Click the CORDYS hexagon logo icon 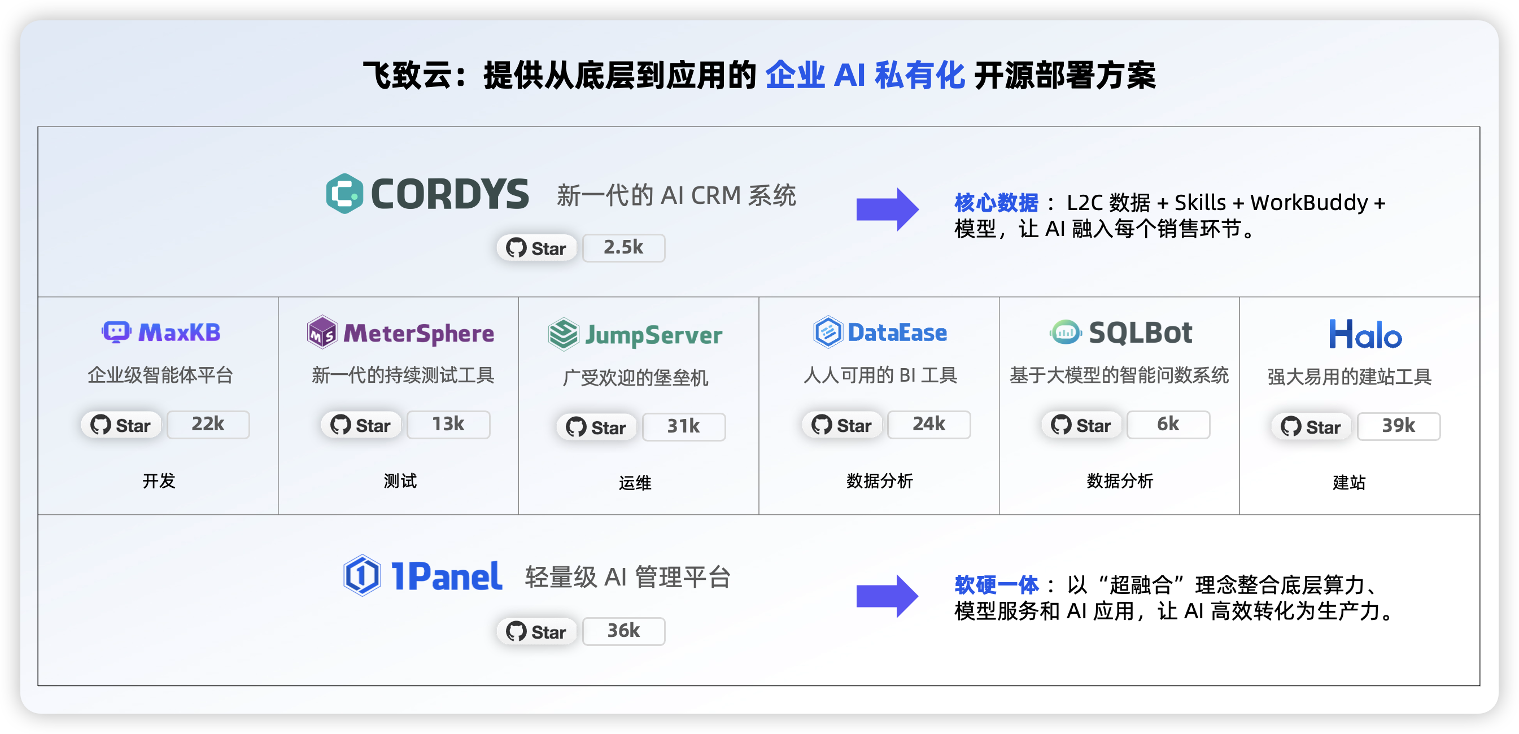coord(344,193)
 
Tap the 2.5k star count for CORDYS coord(624,248)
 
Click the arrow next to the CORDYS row coord(888,209)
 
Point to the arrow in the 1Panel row coord(888,596)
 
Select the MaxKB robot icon coord(116,332)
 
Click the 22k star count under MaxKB coord(208,425)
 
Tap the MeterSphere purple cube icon coord(322,332)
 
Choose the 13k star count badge coord(448,425)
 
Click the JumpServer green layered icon coord(563,334)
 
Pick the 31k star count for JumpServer coord(683,427)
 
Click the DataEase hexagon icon coord(828,332)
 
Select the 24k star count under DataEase coord(929,425)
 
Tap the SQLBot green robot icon coord(1066,332)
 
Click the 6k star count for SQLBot coord(1168,425)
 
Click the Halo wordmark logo coord(1365,334)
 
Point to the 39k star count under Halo coord(1399,426)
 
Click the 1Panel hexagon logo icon coord(361,575)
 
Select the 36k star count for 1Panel coord(624,631)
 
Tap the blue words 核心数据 coord(996,203)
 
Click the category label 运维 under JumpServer coord(635,483)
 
